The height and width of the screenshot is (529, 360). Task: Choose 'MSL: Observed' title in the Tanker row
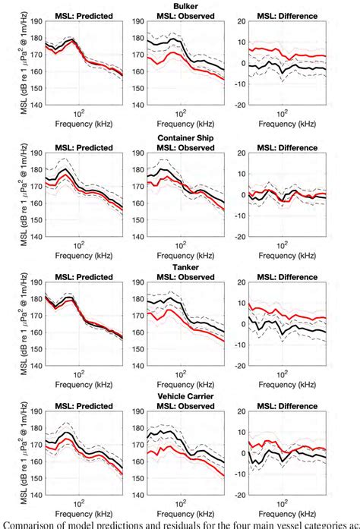(x=179, y=277)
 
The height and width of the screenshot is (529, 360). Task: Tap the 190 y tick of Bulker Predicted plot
(x=34, y=23)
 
